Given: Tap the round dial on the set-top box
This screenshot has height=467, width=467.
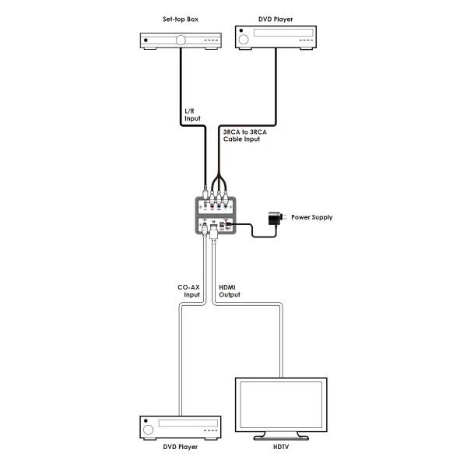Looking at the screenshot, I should (x=182, y=40).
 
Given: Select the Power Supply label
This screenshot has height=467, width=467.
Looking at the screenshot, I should (x=312, y=217).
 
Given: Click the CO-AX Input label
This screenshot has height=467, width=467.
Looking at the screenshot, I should (x=190, y=291).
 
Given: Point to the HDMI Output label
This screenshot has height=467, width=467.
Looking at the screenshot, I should (x=227, y=291).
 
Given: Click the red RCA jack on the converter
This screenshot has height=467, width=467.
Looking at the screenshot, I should (x=212, y=206).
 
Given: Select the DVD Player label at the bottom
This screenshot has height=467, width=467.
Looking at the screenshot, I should (x=181, y=448).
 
